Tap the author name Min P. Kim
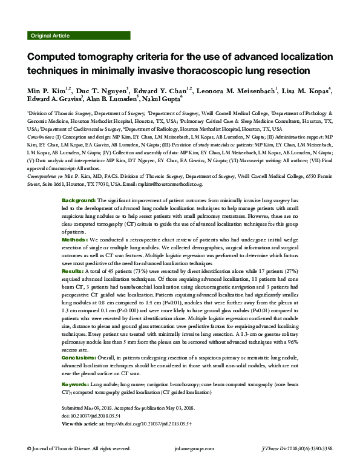pyautogui.click(x=45, y=91)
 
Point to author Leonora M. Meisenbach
pyautogui.click(x=238, y=91)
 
